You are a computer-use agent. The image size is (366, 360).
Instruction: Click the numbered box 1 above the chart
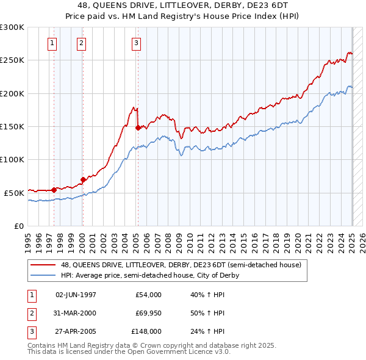tap(52, 43)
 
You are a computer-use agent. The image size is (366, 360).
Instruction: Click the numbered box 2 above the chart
tap(81, 43)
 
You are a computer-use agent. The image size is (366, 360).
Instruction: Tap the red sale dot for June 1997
tap(54, 190)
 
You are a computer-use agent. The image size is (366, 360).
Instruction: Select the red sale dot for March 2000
tap(83, 179)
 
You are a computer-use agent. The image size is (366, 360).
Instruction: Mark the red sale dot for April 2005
tap(138, 128)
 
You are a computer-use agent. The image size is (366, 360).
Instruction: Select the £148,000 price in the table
tap(147, 331)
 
